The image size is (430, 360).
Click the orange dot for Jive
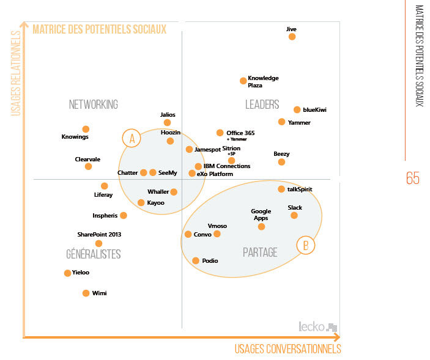[x=292, y=37]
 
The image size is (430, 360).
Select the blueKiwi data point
[x=297, y=110]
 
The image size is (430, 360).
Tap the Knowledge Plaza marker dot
[x=243, y=80]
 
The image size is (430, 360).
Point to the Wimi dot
[x=86, y=293]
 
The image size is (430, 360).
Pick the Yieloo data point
[x=67, y=273]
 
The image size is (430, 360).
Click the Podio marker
[x=196, y=261]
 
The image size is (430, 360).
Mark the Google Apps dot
[x=261, y=227]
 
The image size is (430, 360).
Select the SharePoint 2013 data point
[x=98, y=243]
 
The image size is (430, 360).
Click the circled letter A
[x=131, y=139]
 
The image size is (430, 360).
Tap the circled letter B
[x=305, y=246]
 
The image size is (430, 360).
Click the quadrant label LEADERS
[x=262, y=105]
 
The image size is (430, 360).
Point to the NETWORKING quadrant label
[x=93, y=105]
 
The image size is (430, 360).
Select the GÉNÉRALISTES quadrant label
[x=93, y=254]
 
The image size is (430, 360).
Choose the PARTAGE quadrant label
[x=260, y=252]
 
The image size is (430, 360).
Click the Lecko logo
[x=317, y=326]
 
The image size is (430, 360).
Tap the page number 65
[x=413, y=178]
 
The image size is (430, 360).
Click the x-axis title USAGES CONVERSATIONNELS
[x=287, y=349]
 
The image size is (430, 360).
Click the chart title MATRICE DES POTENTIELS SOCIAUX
[x=99, y=29]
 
